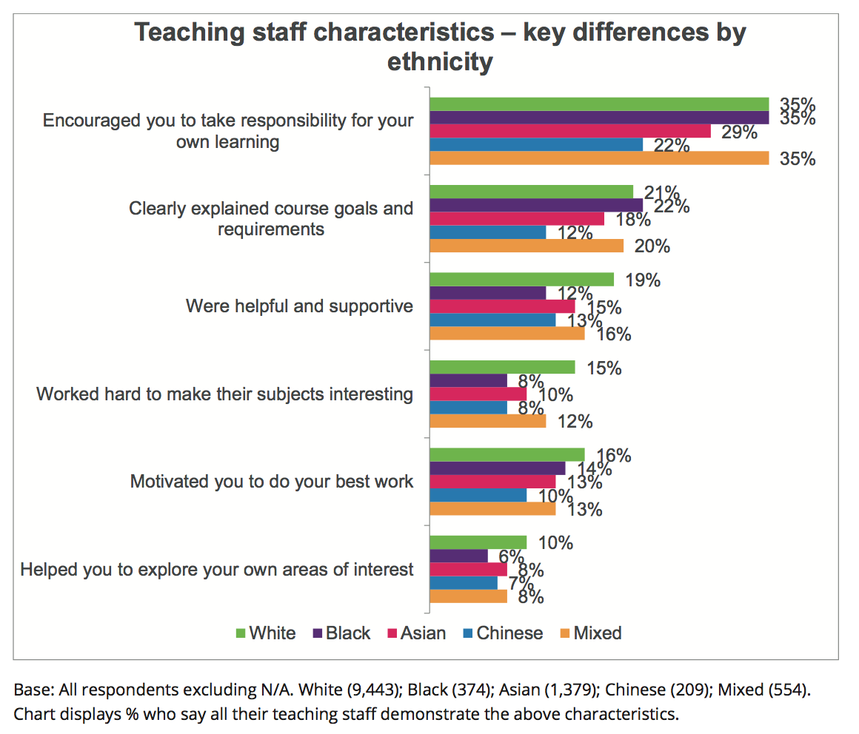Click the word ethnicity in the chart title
pyautogui.click(x=440, y=61)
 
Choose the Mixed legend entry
pyautogui.click(x=589, y=633)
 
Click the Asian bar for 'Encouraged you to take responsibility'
pyautogui.click(x=570, y=131)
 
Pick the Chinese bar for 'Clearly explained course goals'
pyautogui.click(x=488, y=232)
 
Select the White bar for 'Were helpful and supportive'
pyautogui.click(x=522, y=279)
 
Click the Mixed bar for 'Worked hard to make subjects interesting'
pyautogui.click(x=488, y=421)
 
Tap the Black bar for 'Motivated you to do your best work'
pyautogui.click(x=498, y=468)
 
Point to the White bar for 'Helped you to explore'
pyautogui.click(x=478, y=542)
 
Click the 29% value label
pyautogui.click(x=739, y=132)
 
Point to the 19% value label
pyautogui.click(x=643, y=280)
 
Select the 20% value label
pyautogui.click(x=652, y=246)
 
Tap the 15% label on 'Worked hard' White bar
pyautogui.click(x=603, y=368)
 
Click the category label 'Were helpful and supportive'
pyautogui.click(x=299, y=306)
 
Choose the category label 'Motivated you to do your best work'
pyautogui.click(x=272, y=482)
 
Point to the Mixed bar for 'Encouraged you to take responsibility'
pyautogui.click(x=600, y=158)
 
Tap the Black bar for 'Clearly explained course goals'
pyautogui.click(x=536, y=205)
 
